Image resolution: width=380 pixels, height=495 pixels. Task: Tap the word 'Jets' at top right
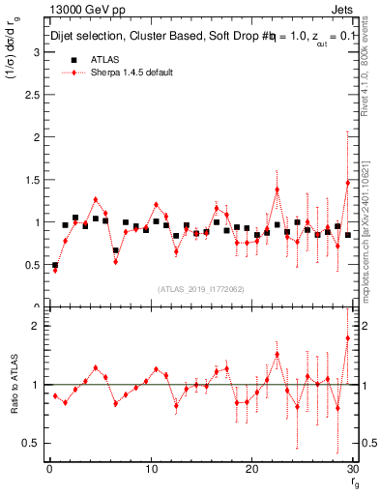tap(341, 10)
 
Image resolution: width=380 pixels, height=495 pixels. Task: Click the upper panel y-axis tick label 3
tap(36, 52)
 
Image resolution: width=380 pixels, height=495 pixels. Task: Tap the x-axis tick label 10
tap(150, 469)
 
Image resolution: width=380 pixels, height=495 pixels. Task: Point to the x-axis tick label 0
tap(48, 469)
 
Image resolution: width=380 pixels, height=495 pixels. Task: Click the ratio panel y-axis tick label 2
tap(36, 326)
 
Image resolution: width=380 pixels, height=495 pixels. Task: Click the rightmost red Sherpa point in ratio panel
tap(348, 337)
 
